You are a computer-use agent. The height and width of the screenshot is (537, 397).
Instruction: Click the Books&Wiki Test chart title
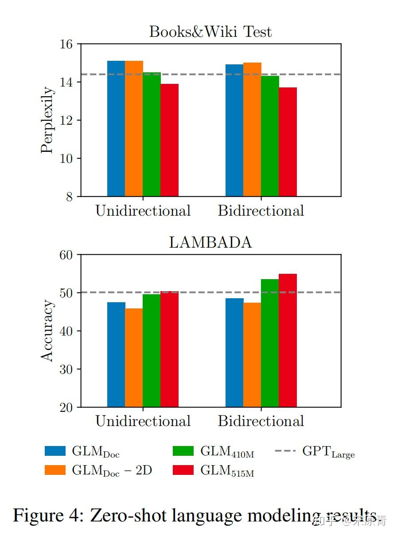210,32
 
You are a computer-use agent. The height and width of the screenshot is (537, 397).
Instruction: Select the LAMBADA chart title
210,243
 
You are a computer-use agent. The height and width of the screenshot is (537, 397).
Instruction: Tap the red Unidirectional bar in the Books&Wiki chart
169,140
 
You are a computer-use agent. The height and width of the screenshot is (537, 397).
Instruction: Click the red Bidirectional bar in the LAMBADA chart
288,340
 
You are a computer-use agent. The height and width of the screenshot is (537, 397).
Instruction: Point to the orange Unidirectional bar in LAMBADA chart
134,358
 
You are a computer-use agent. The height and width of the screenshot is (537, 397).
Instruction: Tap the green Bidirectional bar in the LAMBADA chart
270,343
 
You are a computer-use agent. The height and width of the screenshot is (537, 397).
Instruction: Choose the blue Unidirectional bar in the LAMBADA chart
116,355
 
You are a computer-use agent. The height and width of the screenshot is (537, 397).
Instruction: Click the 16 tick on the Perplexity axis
66,44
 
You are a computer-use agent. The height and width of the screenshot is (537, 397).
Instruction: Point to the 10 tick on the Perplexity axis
66,158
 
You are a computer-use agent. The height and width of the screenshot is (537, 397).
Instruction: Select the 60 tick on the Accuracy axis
66,255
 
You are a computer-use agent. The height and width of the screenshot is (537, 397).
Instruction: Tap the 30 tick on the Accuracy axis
66,369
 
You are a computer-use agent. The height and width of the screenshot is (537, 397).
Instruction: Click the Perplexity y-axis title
47,120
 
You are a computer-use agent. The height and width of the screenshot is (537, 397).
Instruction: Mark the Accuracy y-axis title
47,331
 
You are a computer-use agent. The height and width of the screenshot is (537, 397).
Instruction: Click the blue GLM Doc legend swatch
55,451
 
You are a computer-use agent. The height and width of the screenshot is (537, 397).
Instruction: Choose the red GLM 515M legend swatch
183,470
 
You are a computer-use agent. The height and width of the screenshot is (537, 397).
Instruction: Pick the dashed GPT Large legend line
285,451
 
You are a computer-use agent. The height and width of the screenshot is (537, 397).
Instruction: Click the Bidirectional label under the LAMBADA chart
261,421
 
